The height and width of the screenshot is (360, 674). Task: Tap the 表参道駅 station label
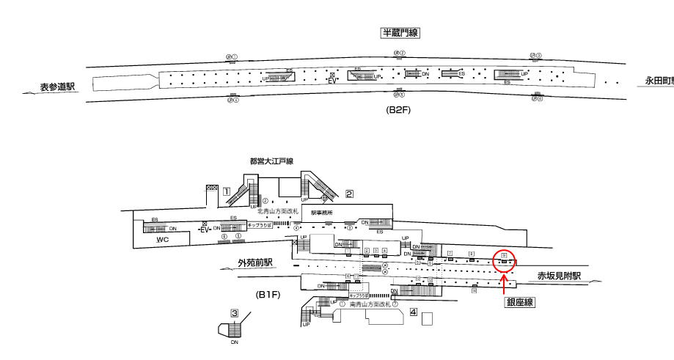click(x=59, y=87)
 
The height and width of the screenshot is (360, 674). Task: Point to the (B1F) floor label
click(x=268, y=294)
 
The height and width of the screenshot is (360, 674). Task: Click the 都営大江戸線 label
click(x=271, y=161)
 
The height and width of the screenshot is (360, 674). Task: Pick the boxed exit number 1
click(x=227, y=191)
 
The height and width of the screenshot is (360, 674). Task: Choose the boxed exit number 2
click(x=350, y=194)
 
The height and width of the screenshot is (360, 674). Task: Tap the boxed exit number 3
click(x=235, y=313)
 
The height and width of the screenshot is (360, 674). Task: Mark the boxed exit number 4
click(x=414, y=312)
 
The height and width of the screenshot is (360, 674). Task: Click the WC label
click(x=163, y=240)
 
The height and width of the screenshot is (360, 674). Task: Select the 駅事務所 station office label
click(x=321, y=212)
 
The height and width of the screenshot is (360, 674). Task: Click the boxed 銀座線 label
click(x=519, y=302)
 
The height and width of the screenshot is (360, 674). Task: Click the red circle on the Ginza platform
click(x=504, y=261)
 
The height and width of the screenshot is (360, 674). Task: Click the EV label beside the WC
click(x=205, y=229)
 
